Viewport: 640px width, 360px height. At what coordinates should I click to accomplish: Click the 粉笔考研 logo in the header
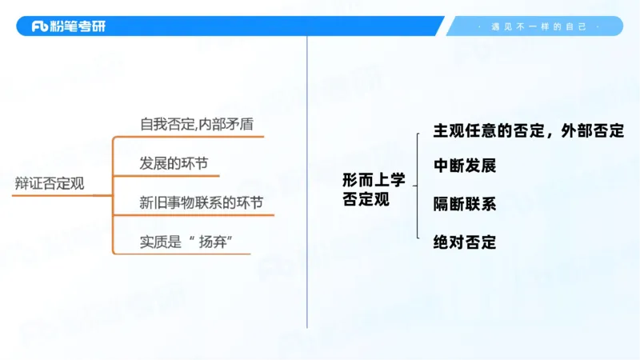[x=68, y=26]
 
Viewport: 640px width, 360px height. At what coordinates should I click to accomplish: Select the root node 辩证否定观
[x=49, y=183]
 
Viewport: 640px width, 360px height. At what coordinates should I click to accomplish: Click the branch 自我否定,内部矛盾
[x=200, y=126]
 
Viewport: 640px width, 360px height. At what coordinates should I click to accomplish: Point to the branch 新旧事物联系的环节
[x=201, y=203]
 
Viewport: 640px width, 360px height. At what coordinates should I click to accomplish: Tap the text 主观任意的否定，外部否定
[x=528, y=130]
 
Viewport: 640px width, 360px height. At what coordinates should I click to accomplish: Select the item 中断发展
[x=465, y=166]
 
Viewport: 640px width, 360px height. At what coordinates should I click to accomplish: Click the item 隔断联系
[x=465, y=204]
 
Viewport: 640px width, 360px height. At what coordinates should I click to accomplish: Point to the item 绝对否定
[x=465, y=242]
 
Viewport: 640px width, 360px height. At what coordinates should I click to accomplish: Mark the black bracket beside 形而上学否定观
[x=417, y=186]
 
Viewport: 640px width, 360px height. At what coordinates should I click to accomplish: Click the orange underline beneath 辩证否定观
[x=56, y=194]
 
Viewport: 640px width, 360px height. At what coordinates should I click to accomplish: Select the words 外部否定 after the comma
[x=594, y=130]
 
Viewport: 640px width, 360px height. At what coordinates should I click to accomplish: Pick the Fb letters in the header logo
[x=41, y=26]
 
